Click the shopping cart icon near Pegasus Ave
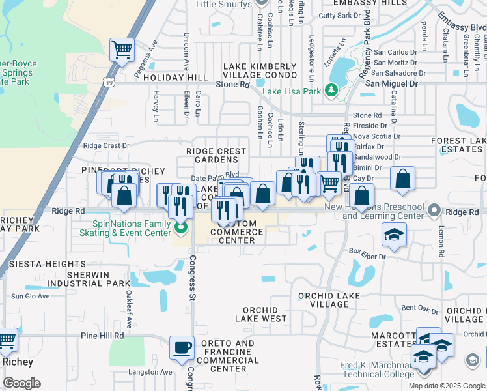coord(122,50)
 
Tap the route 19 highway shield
coord(109,83)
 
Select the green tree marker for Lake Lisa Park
coord(332,90)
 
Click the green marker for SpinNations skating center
coord(182,227)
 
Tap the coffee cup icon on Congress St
coord(182,347)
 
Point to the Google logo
coord(21,383)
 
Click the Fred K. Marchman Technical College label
coord(376,369)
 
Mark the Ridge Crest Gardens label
coord(216,155)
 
